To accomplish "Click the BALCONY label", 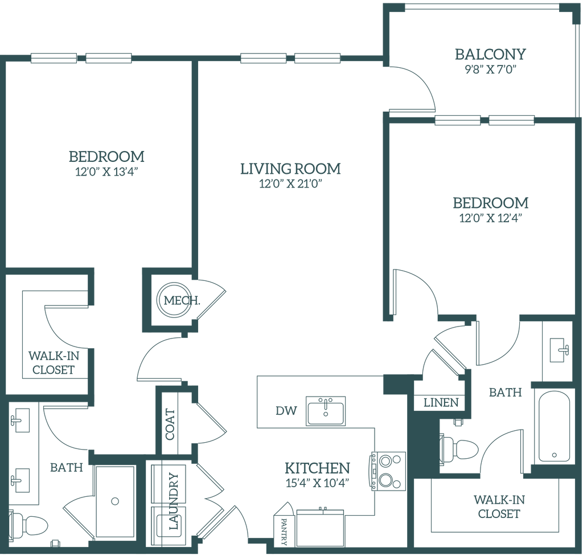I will (490, 55).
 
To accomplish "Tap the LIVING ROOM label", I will (291, 169).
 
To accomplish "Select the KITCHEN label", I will (317, 468).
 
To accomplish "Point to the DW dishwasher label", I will (282, 410).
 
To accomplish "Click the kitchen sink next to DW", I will (325, 410).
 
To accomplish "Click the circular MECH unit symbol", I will (173, 300).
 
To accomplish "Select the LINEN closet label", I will (441, 402).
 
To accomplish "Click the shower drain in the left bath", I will (115, 501).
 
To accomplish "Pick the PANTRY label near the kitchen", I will (283, 529).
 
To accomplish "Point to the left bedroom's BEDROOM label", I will (106, 155).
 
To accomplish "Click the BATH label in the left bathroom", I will (67, 467).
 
